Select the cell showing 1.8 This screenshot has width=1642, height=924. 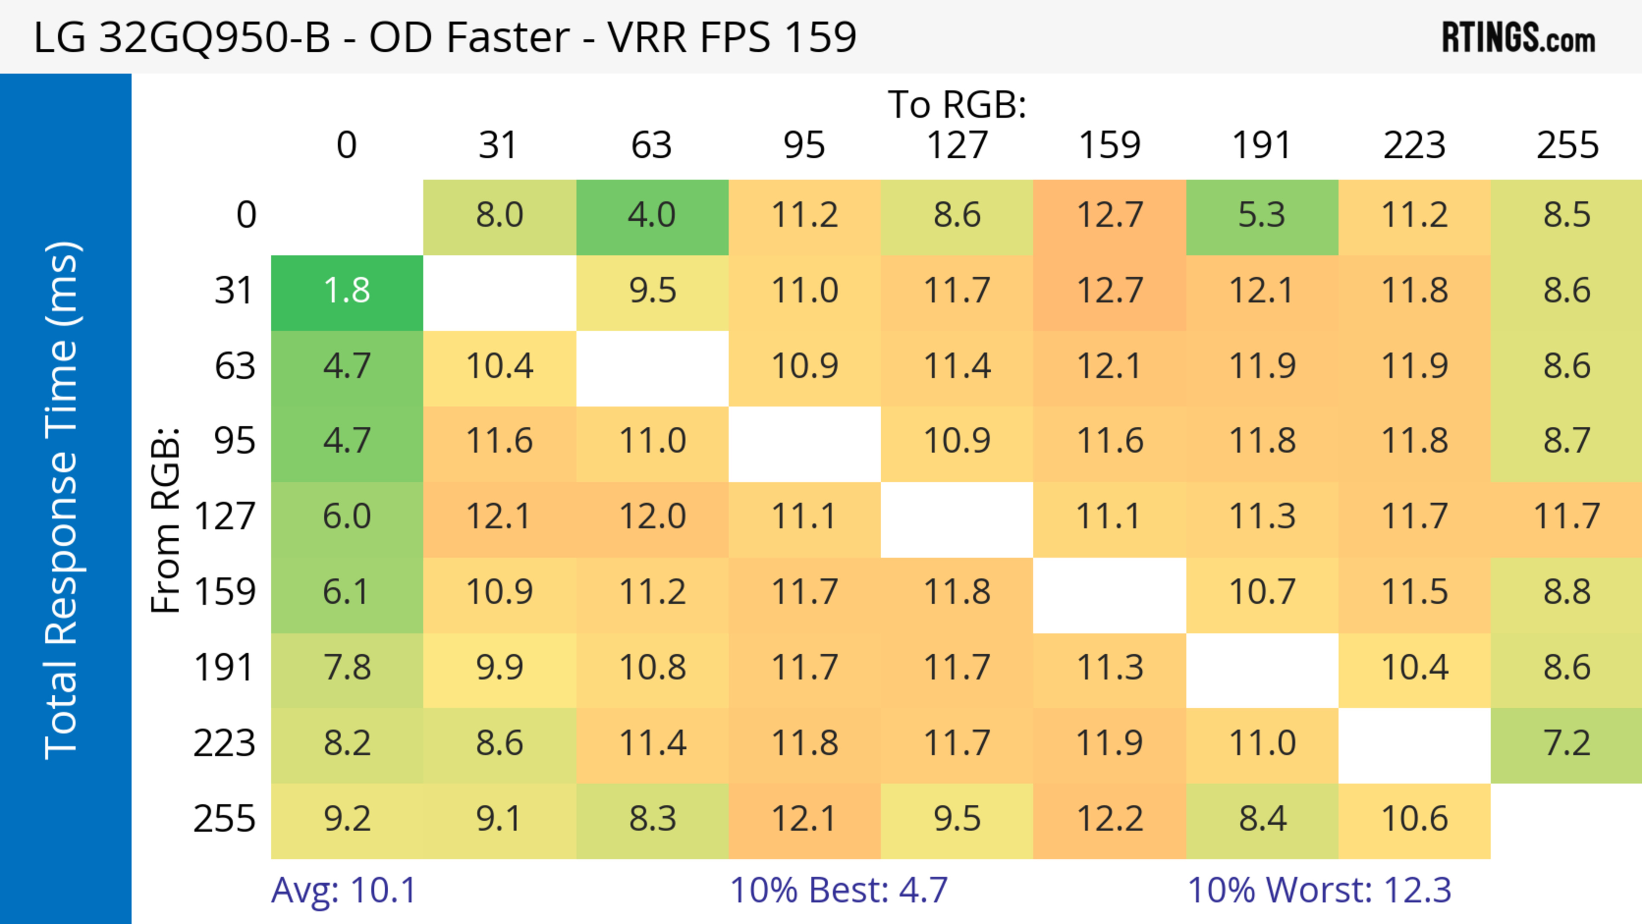tap(347, 291)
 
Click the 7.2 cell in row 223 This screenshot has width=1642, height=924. tap(1567, 744)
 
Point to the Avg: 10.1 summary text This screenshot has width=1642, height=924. tap(343, 890)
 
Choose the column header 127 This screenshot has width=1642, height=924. tap(957, 145)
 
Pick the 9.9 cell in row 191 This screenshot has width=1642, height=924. tap(499, 668)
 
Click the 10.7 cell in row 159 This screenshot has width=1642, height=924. tap(1261, 593)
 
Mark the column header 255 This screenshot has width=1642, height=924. tap(1567, 145)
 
